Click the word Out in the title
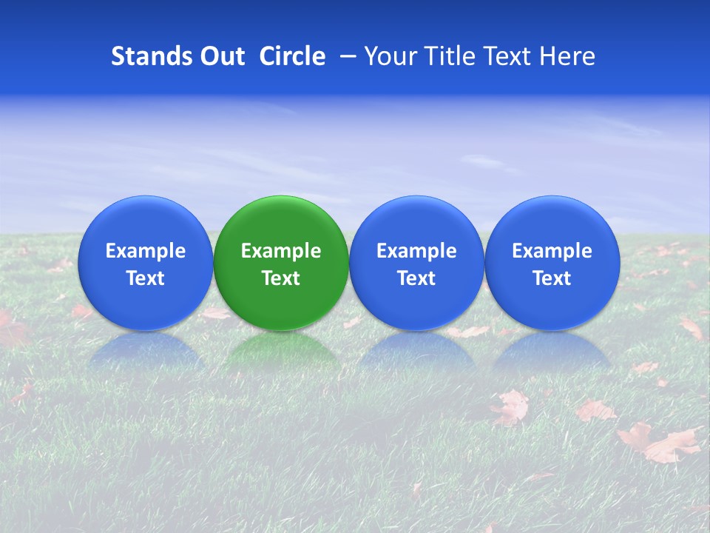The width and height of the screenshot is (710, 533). [x=221, y=56]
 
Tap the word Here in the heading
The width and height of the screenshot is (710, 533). [x=567, y=56]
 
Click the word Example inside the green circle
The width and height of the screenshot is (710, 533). [x=281, y=251]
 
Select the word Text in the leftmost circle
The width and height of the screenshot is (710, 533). [x=145, y=278]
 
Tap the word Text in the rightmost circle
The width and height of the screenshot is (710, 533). [x=552, y=278]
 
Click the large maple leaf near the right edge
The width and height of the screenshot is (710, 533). [x=660, y=442]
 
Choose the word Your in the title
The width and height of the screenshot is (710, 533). [x=389, y=56]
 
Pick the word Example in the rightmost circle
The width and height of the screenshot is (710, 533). [x=552, y=251]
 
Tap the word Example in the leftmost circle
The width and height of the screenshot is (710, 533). [x=145, y=251]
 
